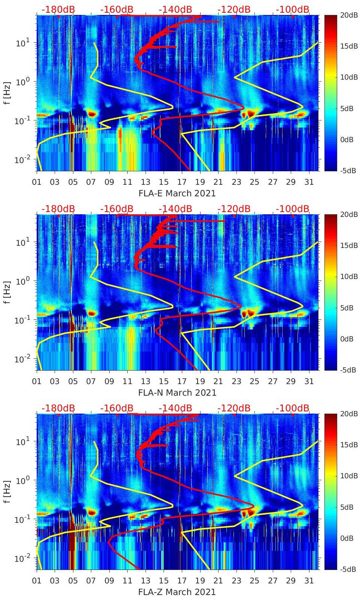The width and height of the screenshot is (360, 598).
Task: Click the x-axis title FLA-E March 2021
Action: pyautogui.click(x=177, y=193)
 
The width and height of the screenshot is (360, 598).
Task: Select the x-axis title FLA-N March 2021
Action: pyautogui.click(x=177, y=393)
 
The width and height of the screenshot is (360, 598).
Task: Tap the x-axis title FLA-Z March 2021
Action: pyautogui.click(x=177, y=592)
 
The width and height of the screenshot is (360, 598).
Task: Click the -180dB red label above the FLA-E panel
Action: pyautogui.click(x=58, y=9)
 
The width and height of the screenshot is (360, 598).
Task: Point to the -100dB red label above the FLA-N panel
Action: pyautogui.click(x=292, y=209)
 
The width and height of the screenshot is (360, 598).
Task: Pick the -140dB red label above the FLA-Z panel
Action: pyautogui.click(x=175, y=408)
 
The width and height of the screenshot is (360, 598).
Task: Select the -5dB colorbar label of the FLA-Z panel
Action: pyautogui.click(x=349, y=569)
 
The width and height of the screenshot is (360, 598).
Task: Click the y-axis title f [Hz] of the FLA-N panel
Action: pyautogui.click(x=7, y=292)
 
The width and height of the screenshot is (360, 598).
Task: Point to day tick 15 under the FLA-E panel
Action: pyautogui.click(x=164, y=182)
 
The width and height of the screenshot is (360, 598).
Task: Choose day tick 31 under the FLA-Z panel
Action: pyautogui.click(x=309, y=581)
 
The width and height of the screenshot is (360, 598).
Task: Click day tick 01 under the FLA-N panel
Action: pyautogui.click(x=37, y=381)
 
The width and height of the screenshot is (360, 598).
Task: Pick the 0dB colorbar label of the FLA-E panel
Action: pyautogui.click(x=349, y=139)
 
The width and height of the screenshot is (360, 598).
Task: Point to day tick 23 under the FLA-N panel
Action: pyautogui.click(x=236, y=381)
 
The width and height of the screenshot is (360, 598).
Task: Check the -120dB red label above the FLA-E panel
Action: pyautogui.click(x=234, y=9)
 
